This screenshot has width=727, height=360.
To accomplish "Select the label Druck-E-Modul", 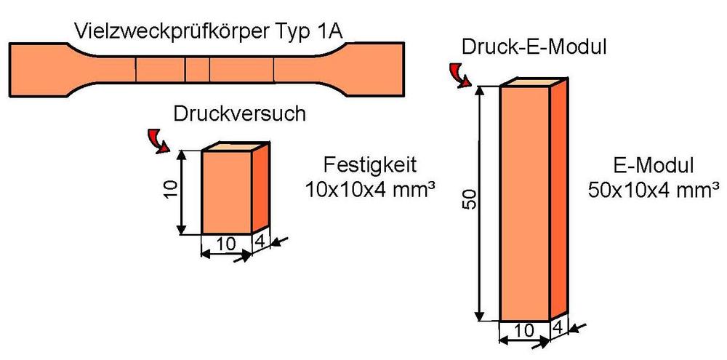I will [x=534, y=48].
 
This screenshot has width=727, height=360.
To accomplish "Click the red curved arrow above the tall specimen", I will [x=459, y=74].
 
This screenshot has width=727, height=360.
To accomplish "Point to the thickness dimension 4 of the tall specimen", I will [x=559, y=328].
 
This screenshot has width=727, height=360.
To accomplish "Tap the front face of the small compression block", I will [x=226, y=193].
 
